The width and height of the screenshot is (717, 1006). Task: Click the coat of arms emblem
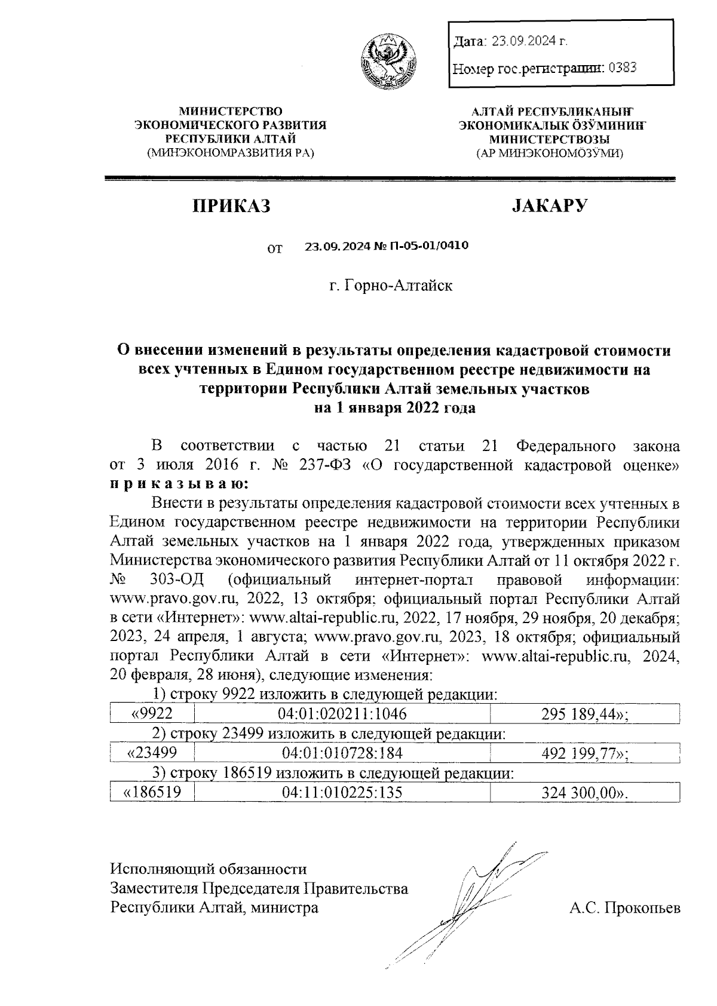(x=388, y=61)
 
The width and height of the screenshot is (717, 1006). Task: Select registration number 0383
(x=622, y=68)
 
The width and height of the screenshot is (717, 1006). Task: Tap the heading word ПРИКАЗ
(x=231, y=207)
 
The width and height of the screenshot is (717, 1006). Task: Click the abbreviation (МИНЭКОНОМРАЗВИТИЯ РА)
(x=231, y=154)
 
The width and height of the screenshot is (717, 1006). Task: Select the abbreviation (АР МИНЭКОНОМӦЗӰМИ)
(x=549, y=154)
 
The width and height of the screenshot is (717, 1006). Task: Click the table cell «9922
(x=152, y=713)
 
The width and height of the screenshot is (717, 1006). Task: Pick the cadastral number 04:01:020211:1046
(x=342, y=713)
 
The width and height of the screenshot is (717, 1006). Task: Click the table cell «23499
(x=152, y=753)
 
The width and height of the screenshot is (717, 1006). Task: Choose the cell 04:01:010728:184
(x=342, y=753)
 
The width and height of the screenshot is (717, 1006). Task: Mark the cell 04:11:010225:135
(x=342, y=792)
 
